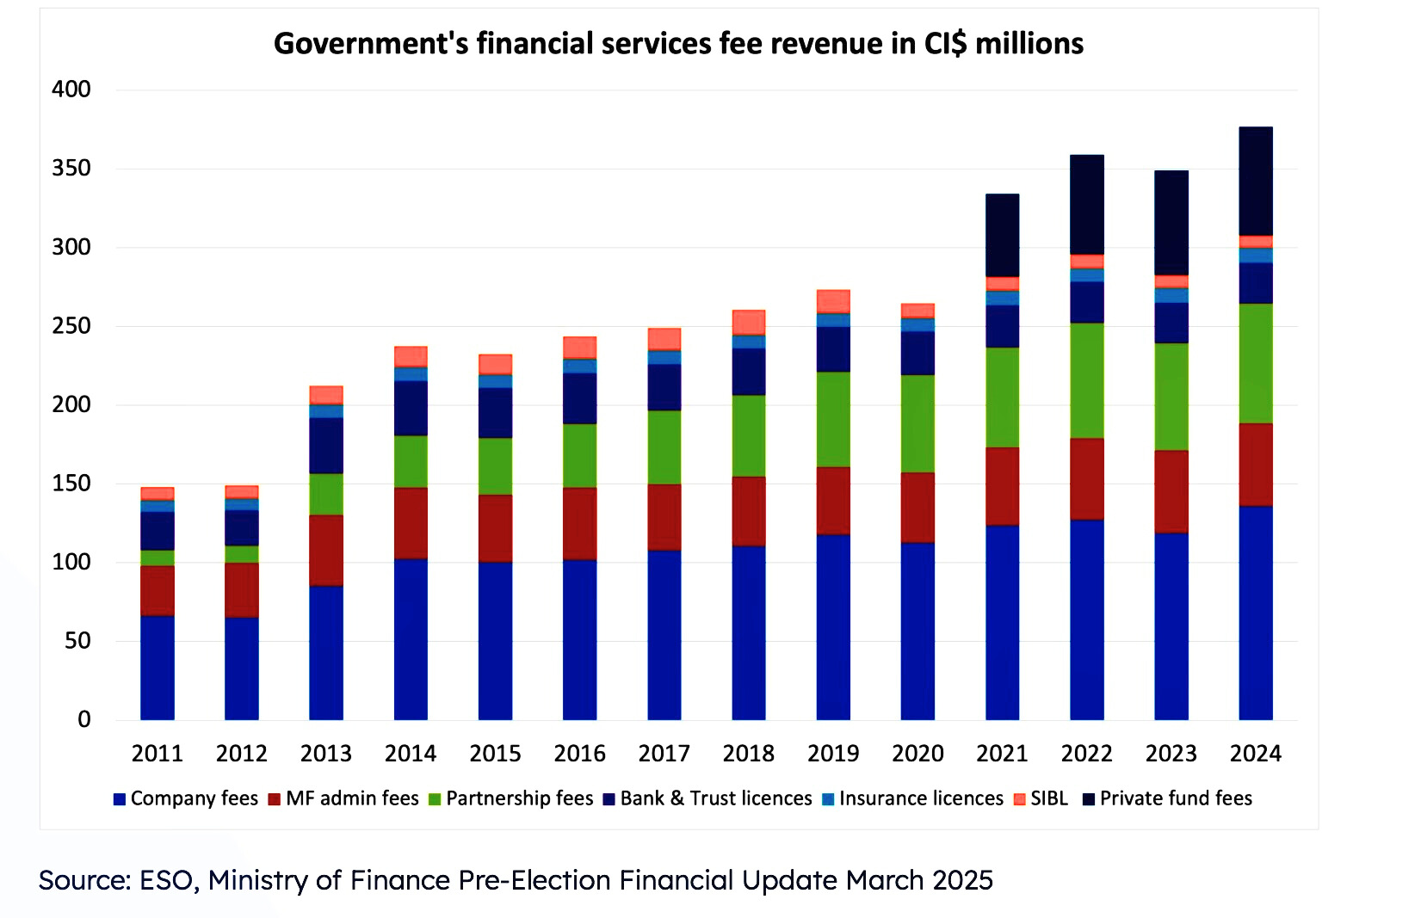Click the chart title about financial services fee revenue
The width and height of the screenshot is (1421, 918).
[678, 44]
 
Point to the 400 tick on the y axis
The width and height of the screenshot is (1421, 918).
[71, 89]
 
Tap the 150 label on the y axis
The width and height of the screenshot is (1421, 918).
[71, 484]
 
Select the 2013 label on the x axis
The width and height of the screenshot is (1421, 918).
[326, 754]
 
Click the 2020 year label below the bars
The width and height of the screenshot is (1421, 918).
[917, 754]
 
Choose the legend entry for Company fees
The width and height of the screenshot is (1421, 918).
[186, 798]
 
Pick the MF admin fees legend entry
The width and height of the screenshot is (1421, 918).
[343, 798]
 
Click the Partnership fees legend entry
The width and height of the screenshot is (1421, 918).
[511, 798]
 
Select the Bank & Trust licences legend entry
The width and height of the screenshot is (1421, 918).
[707, 798]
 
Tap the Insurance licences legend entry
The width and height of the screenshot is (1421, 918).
[913, 798]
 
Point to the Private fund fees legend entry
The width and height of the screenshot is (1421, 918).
[1168, 798]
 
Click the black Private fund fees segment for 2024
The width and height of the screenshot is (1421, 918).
[1256, 182]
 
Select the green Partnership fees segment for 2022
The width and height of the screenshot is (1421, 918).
[1087, 380]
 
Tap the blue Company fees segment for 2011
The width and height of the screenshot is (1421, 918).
[158, 668]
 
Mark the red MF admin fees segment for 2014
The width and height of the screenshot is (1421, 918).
[411, 523]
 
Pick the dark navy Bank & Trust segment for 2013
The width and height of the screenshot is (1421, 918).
[326, 446]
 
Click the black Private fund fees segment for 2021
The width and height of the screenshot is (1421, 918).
[1003, 236]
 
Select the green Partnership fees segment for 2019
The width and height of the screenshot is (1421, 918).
[833, 419]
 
